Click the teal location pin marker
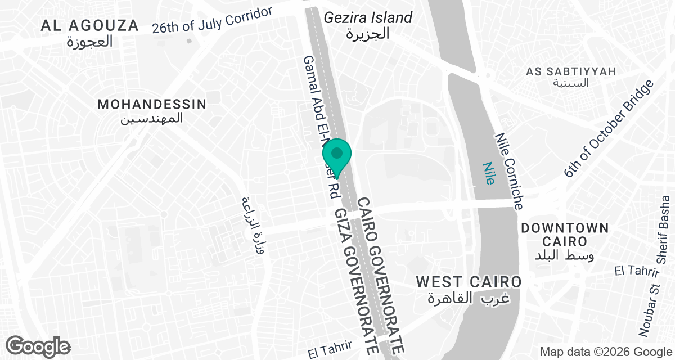[x=337, y=153]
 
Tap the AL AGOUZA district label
[x=89, y=25]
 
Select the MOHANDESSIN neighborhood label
[x=152, y=104]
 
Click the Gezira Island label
[x=368, y=17]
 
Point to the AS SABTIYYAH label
[x=571, y=71]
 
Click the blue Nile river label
[x=489, y=173]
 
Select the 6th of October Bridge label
[x=610, y=129]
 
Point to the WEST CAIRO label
[x=469, y=281]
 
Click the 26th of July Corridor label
[x=213, y=21]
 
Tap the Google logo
[x=38, y=345]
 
